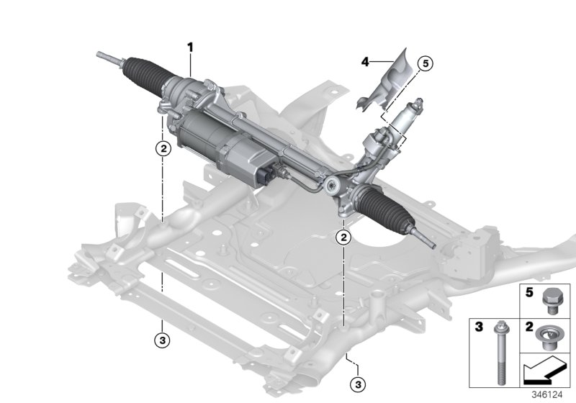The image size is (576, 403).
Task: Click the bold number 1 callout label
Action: [x=191, y=47]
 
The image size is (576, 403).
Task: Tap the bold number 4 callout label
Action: [x=365, y=63]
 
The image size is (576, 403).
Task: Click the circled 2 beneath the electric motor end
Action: [x=163, y=149]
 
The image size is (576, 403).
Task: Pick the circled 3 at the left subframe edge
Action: [x=163, y=338]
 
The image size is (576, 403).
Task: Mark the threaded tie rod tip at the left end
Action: [x=108, y=56]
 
